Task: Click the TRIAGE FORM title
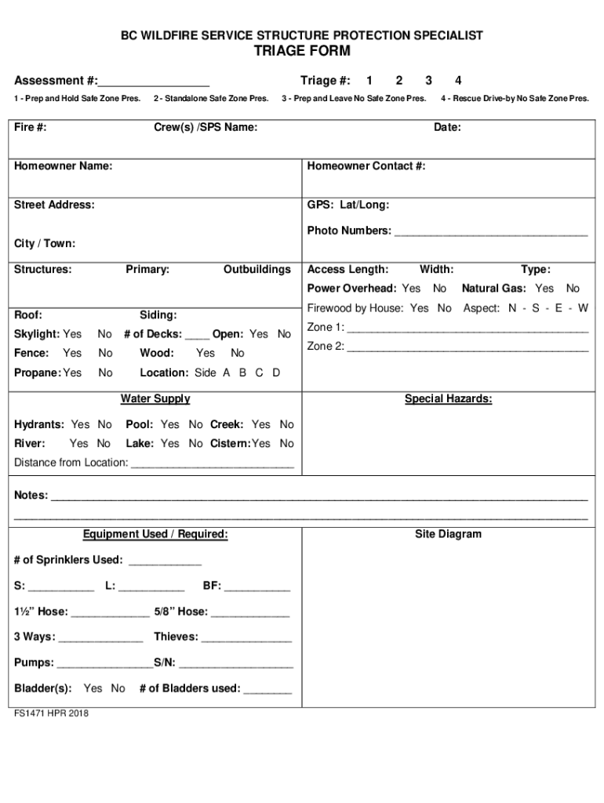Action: [301, 52]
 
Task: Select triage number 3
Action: [428, 81]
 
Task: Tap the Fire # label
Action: [30, 127]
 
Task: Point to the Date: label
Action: [447, 127]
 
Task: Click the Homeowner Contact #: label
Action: [366, 166]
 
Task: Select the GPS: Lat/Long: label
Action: [347, 205]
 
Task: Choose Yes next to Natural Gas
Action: [544, 289]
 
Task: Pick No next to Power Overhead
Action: [440, 289]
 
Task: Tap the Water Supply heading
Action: [155, 399]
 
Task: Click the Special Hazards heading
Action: [448, 399]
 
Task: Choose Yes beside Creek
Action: [260, 424]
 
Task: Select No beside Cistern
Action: [286, 444]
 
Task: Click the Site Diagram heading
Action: [448, 534]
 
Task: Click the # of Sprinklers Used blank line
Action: [164, 562]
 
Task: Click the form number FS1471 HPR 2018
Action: [51, 714]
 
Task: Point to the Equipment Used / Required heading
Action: [155, 534]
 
